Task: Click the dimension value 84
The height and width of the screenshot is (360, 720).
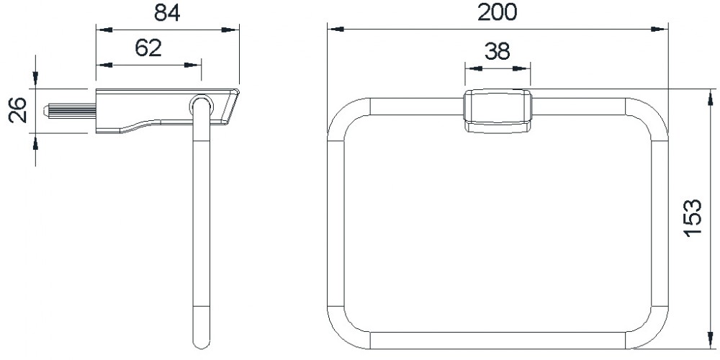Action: tap(167, 13)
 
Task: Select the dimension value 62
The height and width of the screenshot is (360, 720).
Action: tap(148, 48)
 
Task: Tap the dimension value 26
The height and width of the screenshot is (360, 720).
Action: tap(19, 111)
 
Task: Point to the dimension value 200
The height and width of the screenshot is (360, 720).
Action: tap(498, 12)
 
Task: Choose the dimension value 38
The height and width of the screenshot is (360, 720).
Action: tap(498, 51)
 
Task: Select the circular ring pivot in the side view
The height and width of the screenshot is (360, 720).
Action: tap(201, 104)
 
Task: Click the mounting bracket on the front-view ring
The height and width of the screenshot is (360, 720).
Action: tap(498, 112)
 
